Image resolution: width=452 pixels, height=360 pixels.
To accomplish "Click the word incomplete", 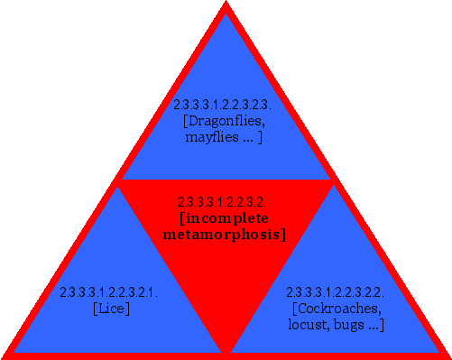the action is pos(225,218).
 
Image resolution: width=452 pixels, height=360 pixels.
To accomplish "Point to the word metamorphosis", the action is pos(225,235).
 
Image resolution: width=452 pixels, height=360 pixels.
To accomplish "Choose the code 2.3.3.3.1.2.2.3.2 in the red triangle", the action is pos(220,202).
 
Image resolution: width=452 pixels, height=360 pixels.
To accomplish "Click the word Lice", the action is pos(112,309).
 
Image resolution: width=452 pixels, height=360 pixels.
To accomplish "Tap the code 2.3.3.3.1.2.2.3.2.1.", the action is pos(109,292).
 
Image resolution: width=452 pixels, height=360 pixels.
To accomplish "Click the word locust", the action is pos(309,325).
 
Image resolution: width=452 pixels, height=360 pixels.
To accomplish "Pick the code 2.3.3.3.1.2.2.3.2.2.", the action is pos(336,292).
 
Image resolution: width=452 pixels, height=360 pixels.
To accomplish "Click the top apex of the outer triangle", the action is pos(226,5).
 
